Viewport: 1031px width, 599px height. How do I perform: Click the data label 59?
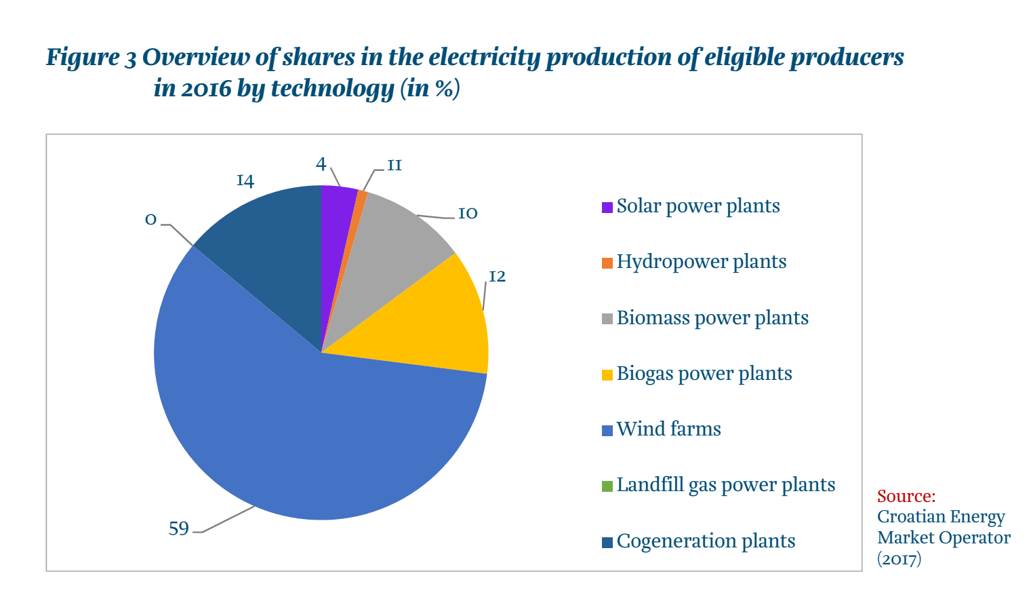coord(179,528)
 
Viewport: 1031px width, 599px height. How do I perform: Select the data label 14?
coord(245,180)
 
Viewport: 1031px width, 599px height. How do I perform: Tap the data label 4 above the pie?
coord(321,163)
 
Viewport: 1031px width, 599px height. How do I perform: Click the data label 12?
coord(498,276)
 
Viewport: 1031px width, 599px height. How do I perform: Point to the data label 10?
coord(468,213)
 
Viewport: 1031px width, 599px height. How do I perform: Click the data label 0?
coord(150,220)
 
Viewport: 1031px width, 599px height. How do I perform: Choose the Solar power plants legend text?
coord(698,206)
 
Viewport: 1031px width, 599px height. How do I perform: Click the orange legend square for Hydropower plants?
coord(607,263)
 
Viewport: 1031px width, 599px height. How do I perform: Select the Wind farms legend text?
coord(668,429)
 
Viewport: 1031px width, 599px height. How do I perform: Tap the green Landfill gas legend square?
coord(607,486)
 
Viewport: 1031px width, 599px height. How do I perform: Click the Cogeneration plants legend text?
coord(706,541)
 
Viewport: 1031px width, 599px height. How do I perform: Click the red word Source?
coord(906,496)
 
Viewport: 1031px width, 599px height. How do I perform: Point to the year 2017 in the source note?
coord(899,559)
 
